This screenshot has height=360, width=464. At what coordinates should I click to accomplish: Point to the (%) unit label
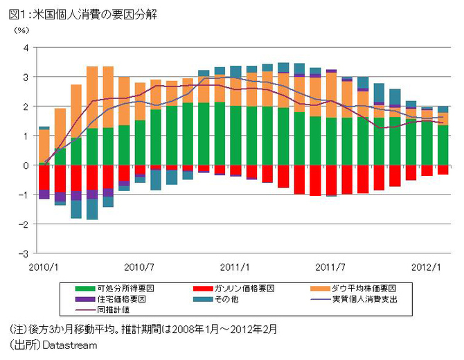[x=21, y=31]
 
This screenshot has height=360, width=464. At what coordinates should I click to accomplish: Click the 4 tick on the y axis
[x=25, y=48]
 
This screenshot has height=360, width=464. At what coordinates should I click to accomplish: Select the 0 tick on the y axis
[x=25, y=165]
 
